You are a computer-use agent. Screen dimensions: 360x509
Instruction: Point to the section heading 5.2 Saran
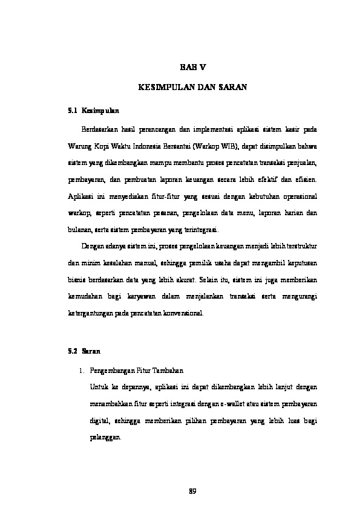coord(83,351)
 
